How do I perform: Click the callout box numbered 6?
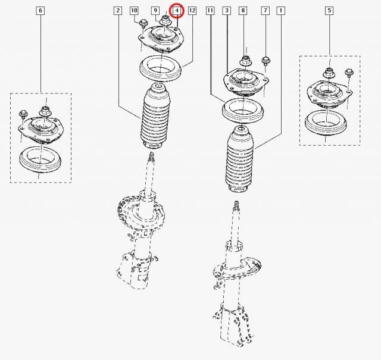click(x=40, y=11)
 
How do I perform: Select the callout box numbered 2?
click(x=118, y=11)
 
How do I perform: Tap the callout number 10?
click(x=134, y=11)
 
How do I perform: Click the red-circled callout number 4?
click(x=177, y=11)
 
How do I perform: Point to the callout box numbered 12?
click(x=192, y=11)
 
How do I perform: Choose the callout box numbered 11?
click(x=210, y=11)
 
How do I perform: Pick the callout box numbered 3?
click(x=227, y=11)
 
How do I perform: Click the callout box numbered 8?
click(x=243, y=11)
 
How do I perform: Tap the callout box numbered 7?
click(x=266, y=11)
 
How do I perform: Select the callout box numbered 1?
click(x=281, y=11)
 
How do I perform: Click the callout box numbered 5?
click(x=329, y=11)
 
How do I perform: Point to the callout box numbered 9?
click(x=155, y=11)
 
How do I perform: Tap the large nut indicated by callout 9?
click(x=165, y=21)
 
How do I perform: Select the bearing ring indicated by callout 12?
click(x=160, y=69)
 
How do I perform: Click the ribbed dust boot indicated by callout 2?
click(x=155, y=116)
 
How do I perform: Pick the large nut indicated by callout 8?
click(x=246, y=61)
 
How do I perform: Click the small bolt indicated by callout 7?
click(x=266, y=61)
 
